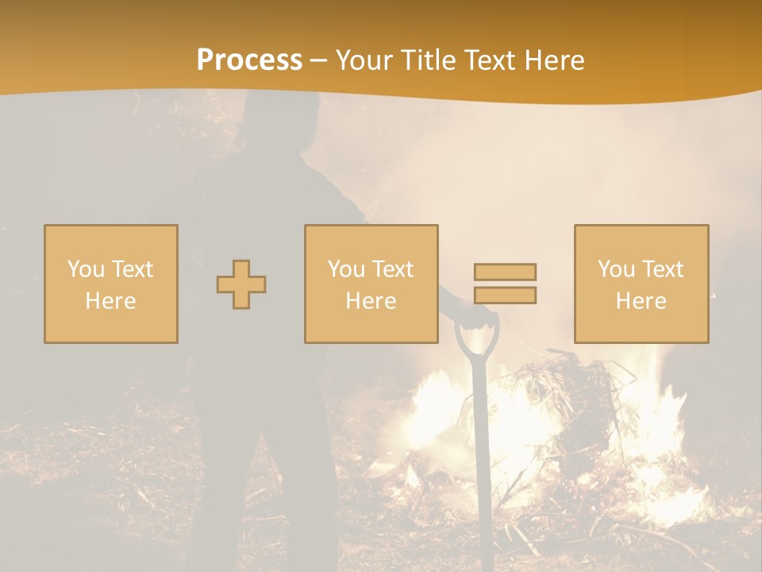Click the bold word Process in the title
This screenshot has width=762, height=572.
(x=249, y=60)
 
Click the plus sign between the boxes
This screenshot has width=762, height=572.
(x=241, y=284)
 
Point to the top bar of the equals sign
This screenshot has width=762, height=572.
(x=505, y=272)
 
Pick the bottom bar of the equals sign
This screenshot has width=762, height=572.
(x=505, y=295)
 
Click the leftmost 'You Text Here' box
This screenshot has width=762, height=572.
(x=111, y=284)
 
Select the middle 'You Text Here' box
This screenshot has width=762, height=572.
(x=371, y=284)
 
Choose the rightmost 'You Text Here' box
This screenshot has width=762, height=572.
(x=641, y=284)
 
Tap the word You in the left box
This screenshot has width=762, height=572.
(x=86, y=269)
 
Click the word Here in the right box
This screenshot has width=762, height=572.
(x=641, y=300)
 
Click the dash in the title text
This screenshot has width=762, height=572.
(x=319, y=60)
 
